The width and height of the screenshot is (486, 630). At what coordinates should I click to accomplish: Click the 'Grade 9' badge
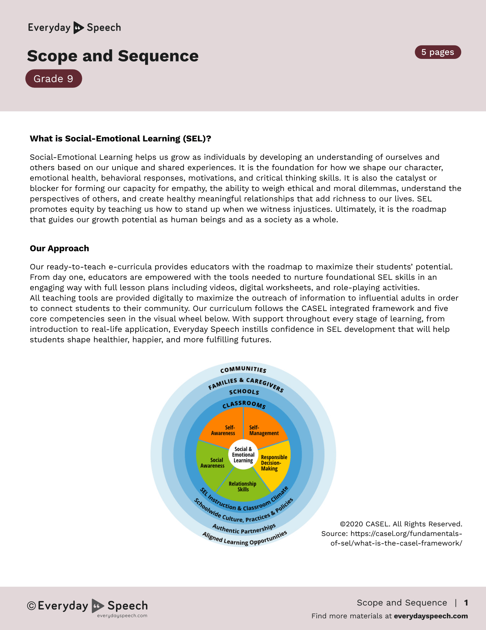(53, 79)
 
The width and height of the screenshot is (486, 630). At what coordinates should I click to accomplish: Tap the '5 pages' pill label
(438, 52)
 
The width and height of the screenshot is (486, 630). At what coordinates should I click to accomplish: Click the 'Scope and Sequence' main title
(113, 56)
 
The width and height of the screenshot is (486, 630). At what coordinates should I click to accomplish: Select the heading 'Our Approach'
(59, 248)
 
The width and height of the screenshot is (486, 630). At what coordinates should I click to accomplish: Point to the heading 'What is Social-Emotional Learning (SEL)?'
(120, 139)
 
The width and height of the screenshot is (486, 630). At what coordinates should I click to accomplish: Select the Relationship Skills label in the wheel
(242, 487)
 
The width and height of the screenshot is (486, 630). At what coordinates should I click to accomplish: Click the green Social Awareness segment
(212, 463)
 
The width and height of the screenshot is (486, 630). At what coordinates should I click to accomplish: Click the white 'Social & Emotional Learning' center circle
(243, 455)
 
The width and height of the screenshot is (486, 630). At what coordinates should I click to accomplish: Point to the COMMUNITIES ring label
(243, 370)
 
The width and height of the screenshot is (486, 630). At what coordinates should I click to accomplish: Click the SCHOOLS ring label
(244, 392)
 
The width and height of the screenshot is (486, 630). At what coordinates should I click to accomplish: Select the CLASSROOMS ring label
(244, 404)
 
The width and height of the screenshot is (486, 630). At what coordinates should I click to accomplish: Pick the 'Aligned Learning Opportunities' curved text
(244, 540)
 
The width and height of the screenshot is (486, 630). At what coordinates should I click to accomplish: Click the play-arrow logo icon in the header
(79, 28)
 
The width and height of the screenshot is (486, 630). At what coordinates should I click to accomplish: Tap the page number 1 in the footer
(466, 603)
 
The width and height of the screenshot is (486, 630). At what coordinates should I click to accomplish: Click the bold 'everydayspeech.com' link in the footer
(431, 616)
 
